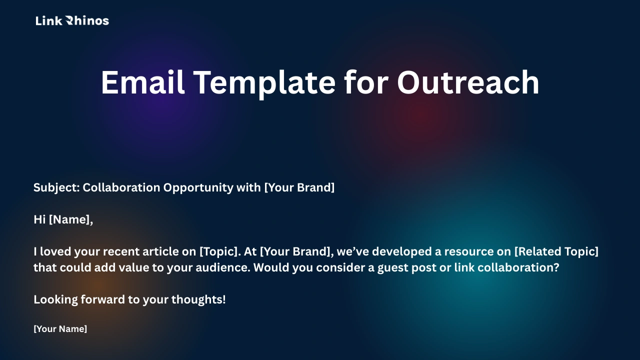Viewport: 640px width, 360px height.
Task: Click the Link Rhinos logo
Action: (x=72, y=20)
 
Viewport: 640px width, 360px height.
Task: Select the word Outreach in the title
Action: (x=468, y=82)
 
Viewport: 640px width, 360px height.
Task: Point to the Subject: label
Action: (x=56, y=187)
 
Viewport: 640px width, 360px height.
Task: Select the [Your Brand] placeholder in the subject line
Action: (x=299, y=187)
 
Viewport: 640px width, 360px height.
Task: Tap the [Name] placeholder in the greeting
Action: (x=70, y=219)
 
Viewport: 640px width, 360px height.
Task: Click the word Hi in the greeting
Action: (x=39, y=219)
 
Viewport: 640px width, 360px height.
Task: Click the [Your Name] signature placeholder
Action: (x=60, y=329)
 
